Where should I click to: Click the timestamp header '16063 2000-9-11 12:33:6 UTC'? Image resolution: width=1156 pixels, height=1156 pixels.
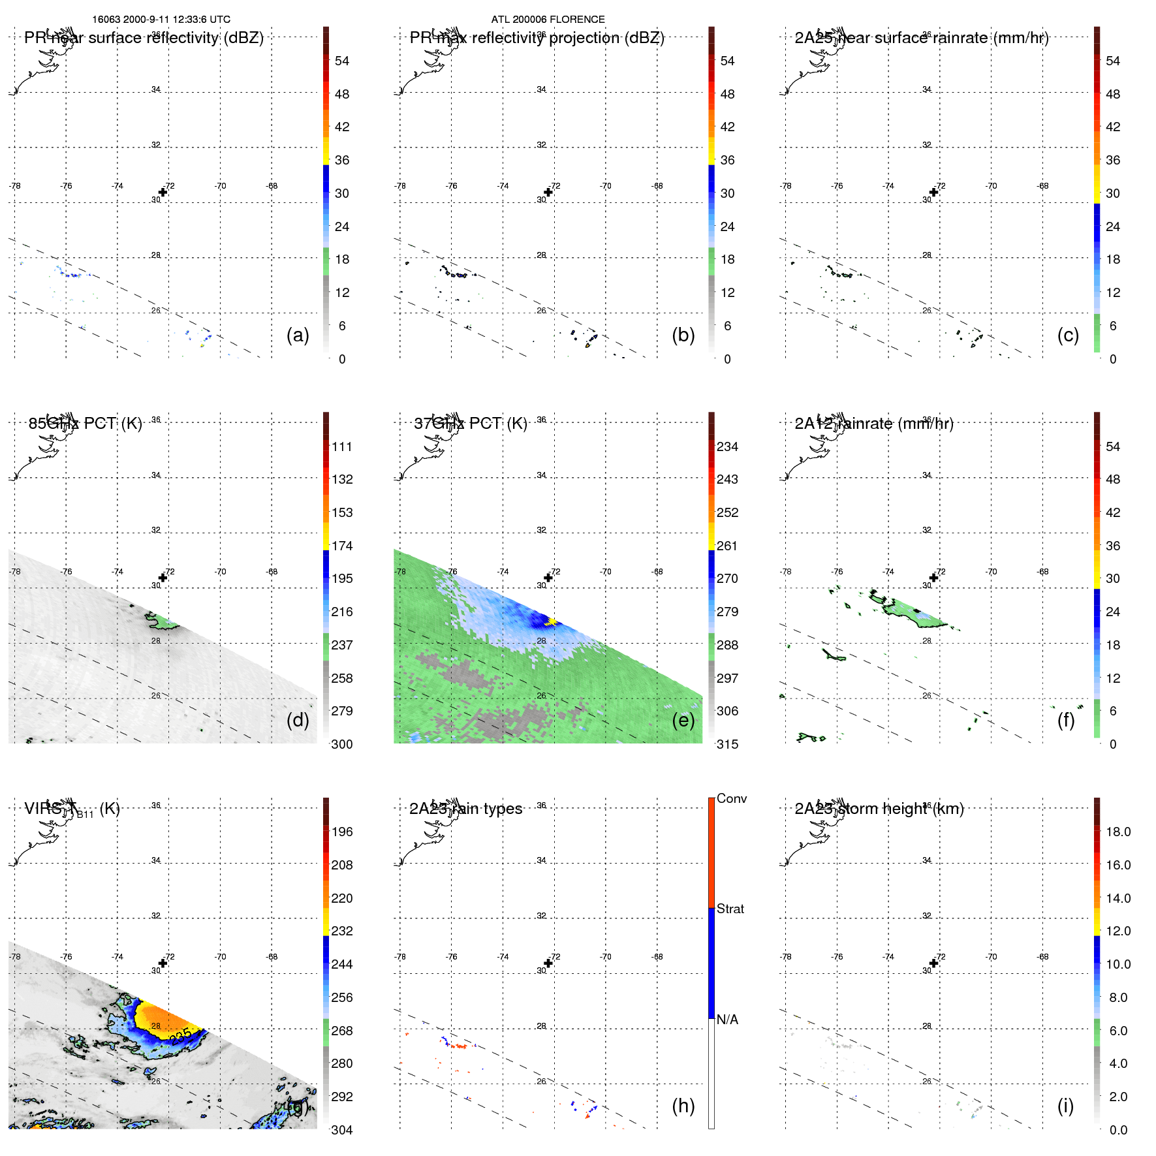(161, 20)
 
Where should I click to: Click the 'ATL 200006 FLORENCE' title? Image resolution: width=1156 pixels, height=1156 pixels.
(548, 20)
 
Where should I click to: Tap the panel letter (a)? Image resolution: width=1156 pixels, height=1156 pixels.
(298, 335)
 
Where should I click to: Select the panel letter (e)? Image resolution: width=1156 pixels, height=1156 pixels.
(683, 720)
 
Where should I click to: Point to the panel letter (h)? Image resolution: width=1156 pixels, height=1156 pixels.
(683, 1105)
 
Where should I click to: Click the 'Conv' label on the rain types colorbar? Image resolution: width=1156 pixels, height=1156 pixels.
(731, 798)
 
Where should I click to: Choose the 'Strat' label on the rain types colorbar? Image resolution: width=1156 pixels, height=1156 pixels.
(730, 909)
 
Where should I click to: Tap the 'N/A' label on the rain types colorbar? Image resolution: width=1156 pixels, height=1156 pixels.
(727, 1020)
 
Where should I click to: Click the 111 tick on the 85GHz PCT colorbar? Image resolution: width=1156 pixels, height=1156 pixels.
(341, 446)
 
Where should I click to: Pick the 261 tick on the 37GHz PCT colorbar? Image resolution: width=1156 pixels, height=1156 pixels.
(727, 546)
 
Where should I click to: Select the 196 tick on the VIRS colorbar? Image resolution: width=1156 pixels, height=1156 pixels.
(341, 832)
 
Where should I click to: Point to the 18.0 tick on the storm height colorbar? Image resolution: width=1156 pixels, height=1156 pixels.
(1118, 832)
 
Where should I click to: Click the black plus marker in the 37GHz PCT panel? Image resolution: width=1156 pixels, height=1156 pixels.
(548, 578)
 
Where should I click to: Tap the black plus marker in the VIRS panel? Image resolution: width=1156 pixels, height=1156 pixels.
(163, 963)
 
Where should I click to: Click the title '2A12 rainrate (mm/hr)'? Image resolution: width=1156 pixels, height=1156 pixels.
(873, 424)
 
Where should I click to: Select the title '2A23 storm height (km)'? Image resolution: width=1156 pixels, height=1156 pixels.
(879, 809)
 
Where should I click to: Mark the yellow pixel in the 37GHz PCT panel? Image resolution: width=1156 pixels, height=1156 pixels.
(552, 621)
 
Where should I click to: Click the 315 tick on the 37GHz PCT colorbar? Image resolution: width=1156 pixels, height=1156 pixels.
(727, 744)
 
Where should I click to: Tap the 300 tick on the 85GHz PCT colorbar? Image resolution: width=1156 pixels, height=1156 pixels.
(341, 744)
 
